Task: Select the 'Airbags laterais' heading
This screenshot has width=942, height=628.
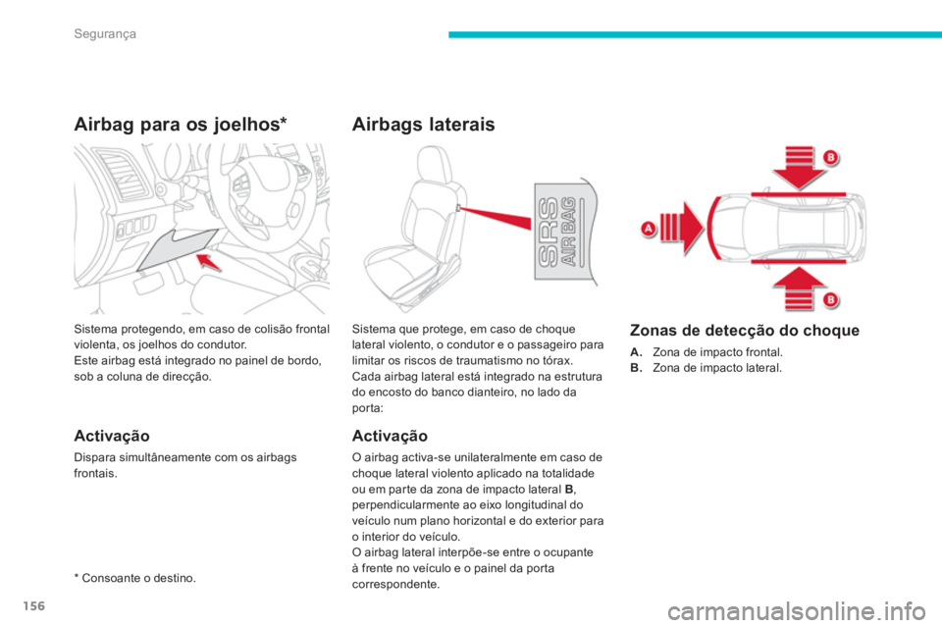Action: click(x=423, y=125)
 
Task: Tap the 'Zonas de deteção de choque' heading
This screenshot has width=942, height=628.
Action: click(x=744, y=331)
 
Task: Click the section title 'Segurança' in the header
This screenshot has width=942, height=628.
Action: click(x=103, y=34)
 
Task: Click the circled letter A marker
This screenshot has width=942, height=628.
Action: click(x=648, y=228)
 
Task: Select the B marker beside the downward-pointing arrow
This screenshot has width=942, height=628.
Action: click(x=830, y=157)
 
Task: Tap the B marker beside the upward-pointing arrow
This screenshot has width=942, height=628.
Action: click(x=830, y=298)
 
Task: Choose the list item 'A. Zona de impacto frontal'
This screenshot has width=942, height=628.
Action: click(x=706, y=350)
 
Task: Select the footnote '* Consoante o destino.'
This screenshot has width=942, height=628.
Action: click(x=133, y=579)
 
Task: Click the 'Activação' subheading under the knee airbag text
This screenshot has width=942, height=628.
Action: click(x=111, y=434)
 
